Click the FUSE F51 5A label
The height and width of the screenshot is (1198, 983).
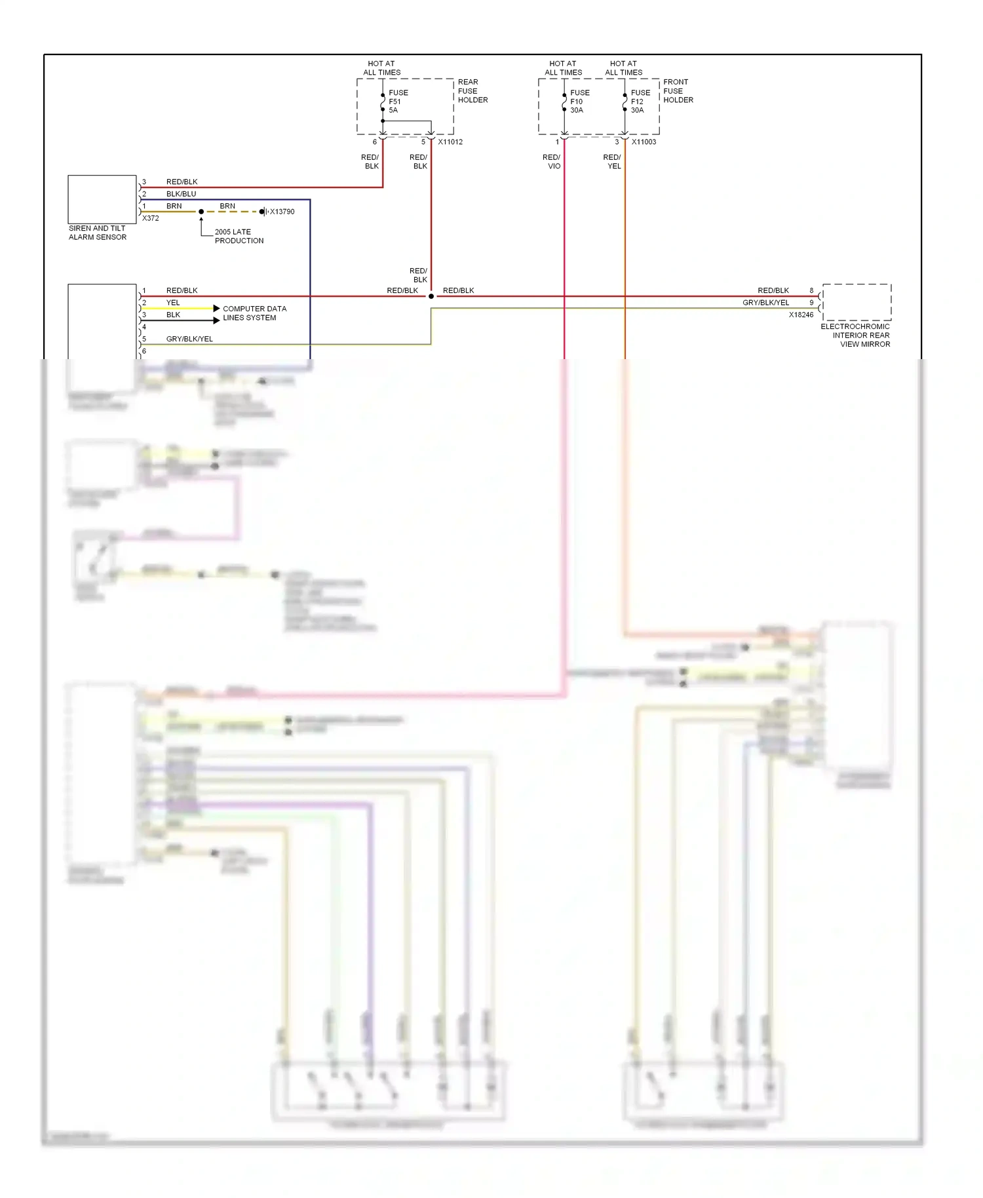coord(398,102)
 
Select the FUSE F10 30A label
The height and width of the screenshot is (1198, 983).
coord(579,102)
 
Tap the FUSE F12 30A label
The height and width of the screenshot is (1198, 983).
coord(640,102)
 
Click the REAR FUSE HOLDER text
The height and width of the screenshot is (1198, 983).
coord(472,91)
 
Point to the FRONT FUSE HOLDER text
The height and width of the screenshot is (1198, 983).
coord(678,91)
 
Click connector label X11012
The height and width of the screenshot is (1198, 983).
coord(450,142)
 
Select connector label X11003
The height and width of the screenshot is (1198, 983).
coord(644,142)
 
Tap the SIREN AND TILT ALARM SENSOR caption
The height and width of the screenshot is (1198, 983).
coord(98,233)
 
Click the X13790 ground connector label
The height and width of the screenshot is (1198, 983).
coord(282,212)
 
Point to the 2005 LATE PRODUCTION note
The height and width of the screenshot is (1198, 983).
coord(239,237)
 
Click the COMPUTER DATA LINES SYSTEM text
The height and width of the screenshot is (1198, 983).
coord(254,313)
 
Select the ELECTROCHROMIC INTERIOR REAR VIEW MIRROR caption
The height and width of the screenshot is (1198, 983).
coord(855,335)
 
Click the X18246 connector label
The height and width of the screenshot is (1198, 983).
coord(801,315)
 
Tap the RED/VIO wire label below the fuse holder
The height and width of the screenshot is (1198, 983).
coord(552,162)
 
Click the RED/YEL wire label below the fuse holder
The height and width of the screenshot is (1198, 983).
coord(612,162)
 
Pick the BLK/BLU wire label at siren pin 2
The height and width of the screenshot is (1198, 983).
coord(181,194)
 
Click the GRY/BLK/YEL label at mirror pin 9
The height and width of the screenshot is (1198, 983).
coord(765,303)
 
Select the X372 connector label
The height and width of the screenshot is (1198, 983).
coord(151,218)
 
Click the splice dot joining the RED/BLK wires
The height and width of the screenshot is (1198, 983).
coord(431,296)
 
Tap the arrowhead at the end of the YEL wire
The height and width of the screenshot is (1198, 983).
coord(216,308)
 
